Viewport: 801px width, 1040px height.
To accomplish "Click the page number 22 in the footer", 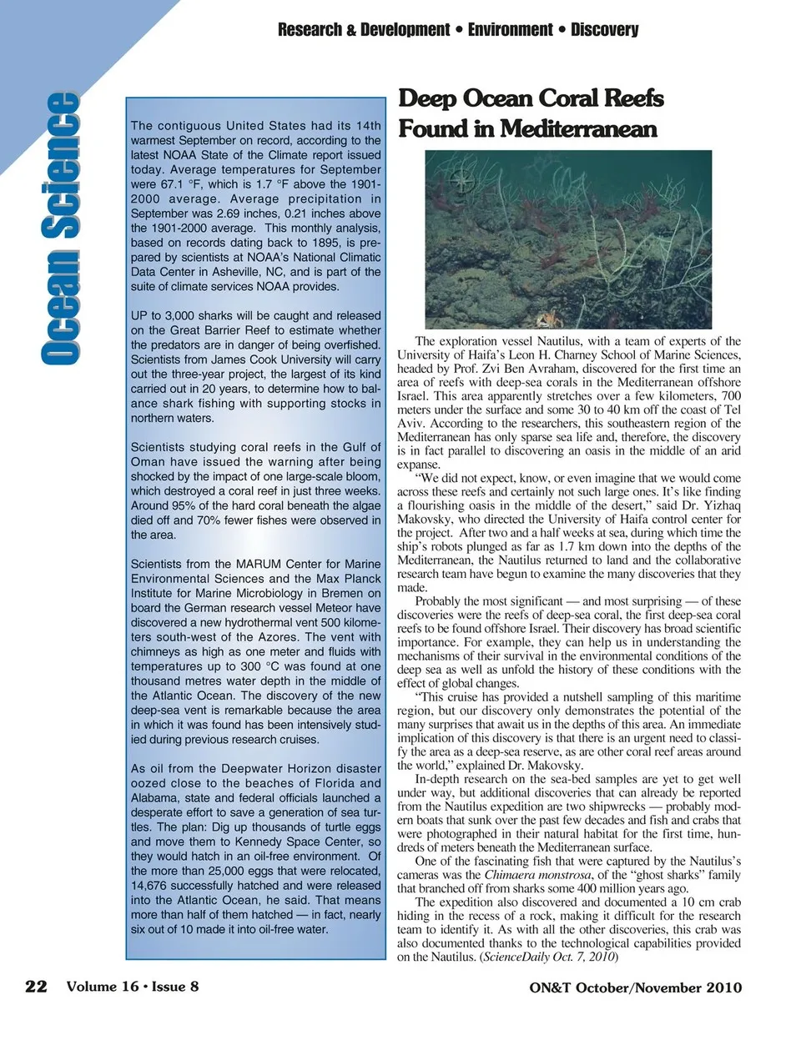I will coord(36,987).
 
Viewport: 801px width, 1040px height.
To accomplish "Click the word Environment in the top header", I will coord(510,30).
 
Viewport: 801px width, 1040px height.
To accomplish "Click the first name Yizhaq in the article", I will coord(718,492).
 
